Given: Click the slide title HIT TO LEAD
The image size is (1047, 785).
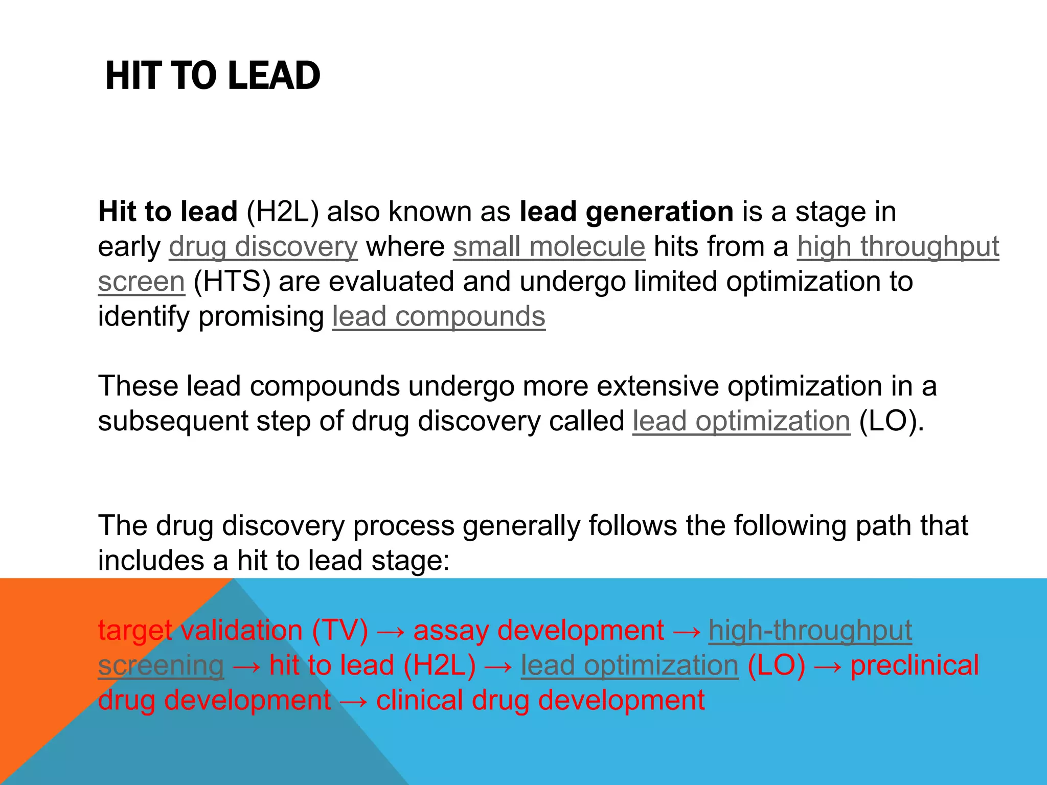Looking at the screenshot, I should coord(212,76).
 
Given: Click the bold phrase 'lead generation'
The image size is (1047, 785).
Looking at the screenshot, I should coord(626,212).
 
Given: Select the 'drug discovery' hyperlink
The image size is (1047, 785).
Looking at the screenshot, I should coord(263,247).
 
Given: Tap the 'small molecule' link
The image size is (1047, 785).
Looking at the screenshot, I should coord(549,247).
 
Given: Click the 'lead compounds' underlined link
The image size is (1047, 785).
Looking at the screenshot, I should coord(439,316).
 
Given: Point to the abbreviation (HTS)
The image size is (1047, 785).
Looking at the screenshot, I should coord(232,282).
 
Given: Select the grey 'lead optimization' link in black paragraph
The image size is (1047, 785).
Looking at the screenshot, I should coord(741,421).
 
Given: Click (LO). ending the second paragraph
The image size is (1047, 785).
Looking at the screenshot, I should coord(892,421).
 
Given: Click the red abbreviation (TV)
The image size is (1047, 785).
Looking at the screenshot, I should coord(340,630).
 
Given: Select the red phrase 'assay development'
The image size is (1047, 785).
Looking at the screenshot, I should coord(538,630).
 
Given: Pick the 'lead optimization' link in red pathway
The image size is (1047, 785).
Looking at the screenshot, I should coord(629,665).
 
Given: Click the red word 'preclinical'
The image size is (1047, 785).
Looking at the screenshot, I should coord(914,665).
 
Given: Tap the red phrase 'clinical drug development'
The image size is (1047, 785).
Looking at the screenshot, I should coord(540,700).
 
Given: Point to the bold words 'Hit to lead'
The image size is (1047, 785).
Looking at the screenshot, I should coord(168,212).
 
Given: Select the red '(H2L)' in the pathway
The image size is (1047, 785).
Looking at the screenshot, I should coord(439,665).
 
